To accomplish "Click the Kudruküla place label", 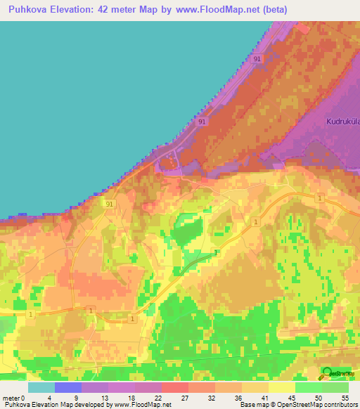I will pyautogui.click(x=342, y=121).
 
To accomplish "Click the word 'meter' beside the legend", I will pyautogui.click(x=11, y=397).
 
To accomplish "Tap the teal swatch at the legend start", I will pyautogui.click(x=41, y=387).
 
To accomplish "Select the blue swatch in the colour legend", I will pyautogui.click(x=68, y=387).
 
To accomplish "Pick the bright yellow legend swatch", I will pyautogui.click(x=282, y=387).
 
